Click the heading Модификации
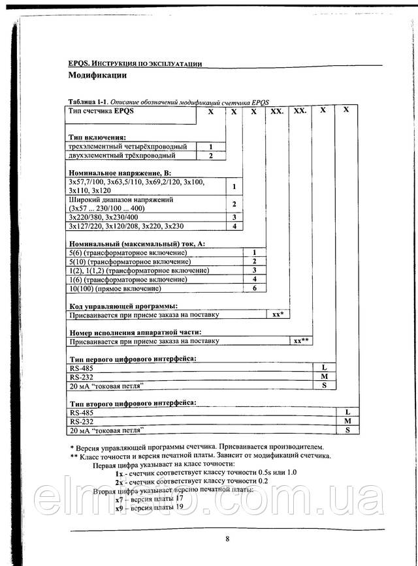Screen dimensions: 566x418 [x=97, y=76]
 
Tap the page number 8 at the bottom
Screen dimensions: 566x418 [x=227, y=538]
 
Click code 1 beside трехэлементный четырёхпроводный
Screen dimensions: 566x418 [x=211, y=147]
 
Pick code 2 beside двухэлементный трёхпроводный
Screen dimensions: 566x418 [x=211, y=156]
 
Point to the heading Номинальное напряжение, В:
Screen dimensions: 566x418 [x=114, y=173]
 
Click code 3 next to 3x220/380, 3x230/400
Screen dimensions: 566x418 [x=234, y=216]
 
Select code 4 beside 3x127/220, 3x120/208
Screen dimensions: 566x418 [x=234, y=226]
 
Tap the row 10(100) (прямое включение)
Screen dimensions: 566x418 [x=114, y=288]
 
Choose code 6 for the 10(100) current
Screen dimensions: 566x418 [x=255, y=288]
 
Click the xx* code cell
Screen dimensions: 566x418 [x=278, y=314]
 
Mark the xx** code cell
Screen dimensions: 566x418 [x=300, y=340]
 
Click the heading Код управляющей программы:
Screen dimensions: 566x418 [x=123, y=305]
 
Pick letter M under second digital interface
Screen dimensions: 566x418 [x=347, y=421]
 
